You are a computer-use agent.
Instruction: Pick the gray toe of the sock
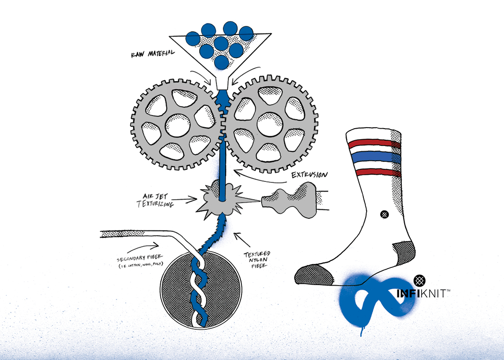point(312,274)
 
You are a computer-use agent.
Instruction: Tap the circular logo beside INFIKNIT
point(419,280)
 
